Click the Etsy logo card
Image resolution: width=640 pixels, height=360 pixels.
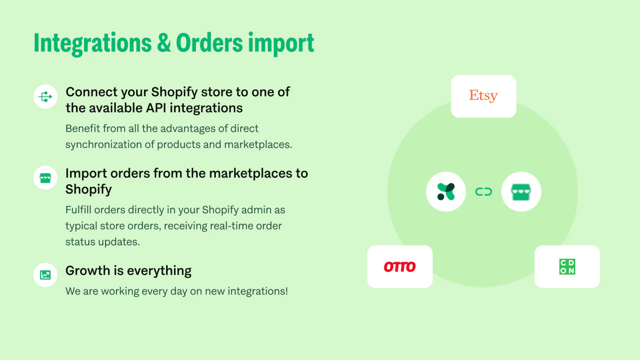pos(483,96)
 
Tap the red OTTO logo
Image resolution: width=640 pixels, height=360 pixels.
pos(399,266)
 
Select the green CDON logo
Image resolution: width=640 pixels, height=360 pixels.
pos(567,266)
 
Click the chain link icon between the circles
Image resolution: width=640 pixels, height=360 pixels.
pos(483,191)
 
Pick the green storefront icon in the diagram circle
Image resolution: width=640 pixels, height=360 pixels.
pos(520,191)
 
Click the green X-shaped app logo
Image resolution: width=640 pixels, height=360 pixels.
pos(446,191)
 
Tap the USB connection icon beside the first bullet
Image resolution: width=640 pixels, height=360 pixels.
pos(45,96)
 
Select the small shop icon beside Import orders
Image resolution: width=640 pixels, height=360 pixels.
pos(45,177)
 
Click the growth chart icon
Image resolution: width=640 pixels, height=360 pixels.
pos(45,274)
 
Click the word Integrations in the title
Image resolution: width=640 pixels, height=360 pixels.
pos(92,43)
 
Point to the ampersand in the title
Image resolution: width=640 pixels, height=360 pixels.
pos(163,43)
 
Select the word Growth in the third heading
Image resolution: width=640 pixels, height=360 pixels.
pos(87,270)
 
